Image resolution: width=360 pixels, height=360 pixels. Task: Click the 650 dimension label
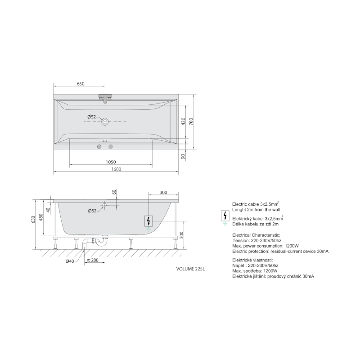pyautogui.click(x=81, y=84)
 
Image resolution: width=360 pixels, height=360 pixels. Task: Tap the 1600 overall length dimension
pyautogui.click(x=116, y=169)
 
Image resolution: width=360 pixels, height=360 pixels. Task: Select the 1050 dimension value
pyautogui.click(x=111, y=162)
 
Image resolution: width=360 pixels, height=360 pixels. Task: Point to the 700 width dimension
pyautogui.click(x=191, y=121)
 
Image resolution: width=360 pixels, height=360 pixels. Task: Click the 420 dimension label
pyautogui.click(x=183, y=121)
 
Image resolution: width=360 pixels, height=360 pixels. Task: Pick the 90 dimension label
pyautogui.click(x=183, y=157)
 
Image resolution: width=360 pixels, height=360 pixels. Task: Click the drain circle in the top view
pyautogui.click(x=105, y=121)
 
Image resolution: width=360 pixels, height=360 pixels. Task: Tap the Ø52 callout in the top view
pyautogui.click(x=92, y=117)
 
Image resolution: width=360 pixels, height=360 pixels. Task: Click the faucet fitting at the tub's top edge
pyautogui.click(x=105, y=98)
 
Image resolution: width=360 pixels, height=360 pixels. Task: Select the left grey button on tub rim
pyautogui.click(x=99, y=147)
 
